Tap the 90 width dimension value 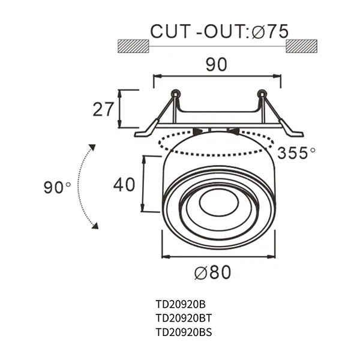[x=217, y=64]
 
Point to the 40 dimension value [x=124, y=184]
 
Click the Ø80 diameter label [x=212, y=272]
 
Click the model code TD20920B [x=180, y=304]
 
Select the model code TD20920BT [x=182, y=317]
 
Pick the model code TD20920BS [x=182, y=331]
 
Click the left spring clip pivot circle [x=175, y=94]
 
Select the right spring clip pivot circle [x=261, y=94]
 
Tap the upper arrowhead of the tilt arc [x=92, y=148]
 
